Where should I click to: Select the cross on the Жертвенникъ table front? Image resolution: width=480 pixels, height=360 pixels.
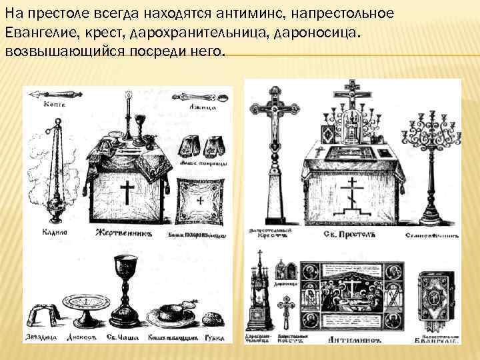(127, 193)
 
